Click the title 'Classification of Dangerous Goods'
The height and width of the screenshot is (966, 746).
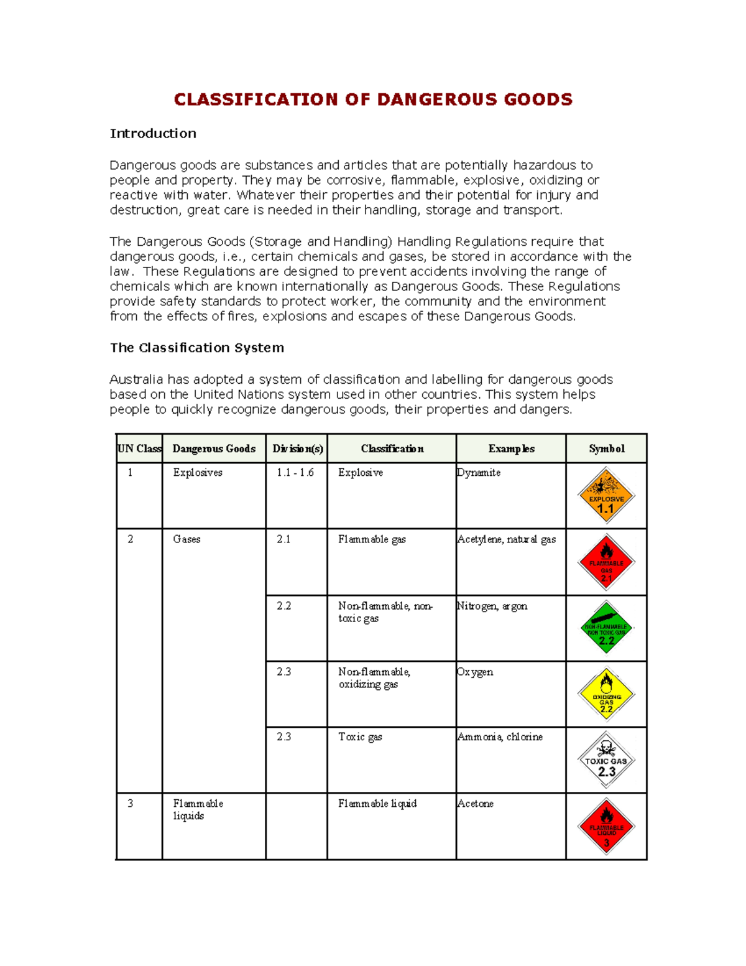pos(373,100)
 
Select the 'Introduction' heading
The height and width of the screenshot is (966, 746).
pos(153,134)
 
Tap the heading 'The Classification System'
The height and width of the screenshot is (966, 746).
pos(196,348)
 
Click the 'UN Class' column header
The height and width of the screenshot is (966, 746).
pos(139,448)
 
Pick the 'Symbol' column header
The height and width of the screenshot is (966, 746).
pos(606,448)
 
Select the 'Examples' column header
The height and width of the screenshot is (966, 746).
pos(511,448)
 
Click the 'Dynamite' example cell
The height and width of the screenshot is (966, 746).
pos(479,473)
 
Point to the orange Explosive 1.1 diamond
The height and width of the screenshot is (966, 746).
pos(606,496)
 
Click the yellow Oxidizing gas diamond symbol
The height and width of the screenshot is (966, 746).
pos(606,694)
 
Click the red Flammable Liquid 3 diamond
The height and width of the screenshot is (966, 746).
pos(606,827)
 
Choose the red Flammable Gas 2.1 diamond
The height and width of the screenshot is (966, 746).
pos(606,562)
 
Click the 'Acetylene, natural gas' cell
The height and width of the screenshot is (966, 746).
pos(507,539)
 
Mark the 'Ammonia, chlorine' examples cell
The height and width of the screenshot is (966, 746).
pos(500,737)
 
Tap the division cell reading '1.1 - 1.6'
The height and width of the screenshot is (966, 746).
pos(295,473)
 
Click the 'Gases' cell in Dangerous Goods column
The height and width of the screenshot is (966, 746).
pos(186,539)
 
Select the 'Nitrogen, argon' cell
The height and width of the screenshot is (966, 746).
pos(492,606)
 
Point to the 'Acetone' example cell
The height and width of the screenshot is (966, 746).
pos(476,804)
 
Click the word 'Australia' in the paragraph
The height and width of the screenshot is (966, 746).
pos(136,379)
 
